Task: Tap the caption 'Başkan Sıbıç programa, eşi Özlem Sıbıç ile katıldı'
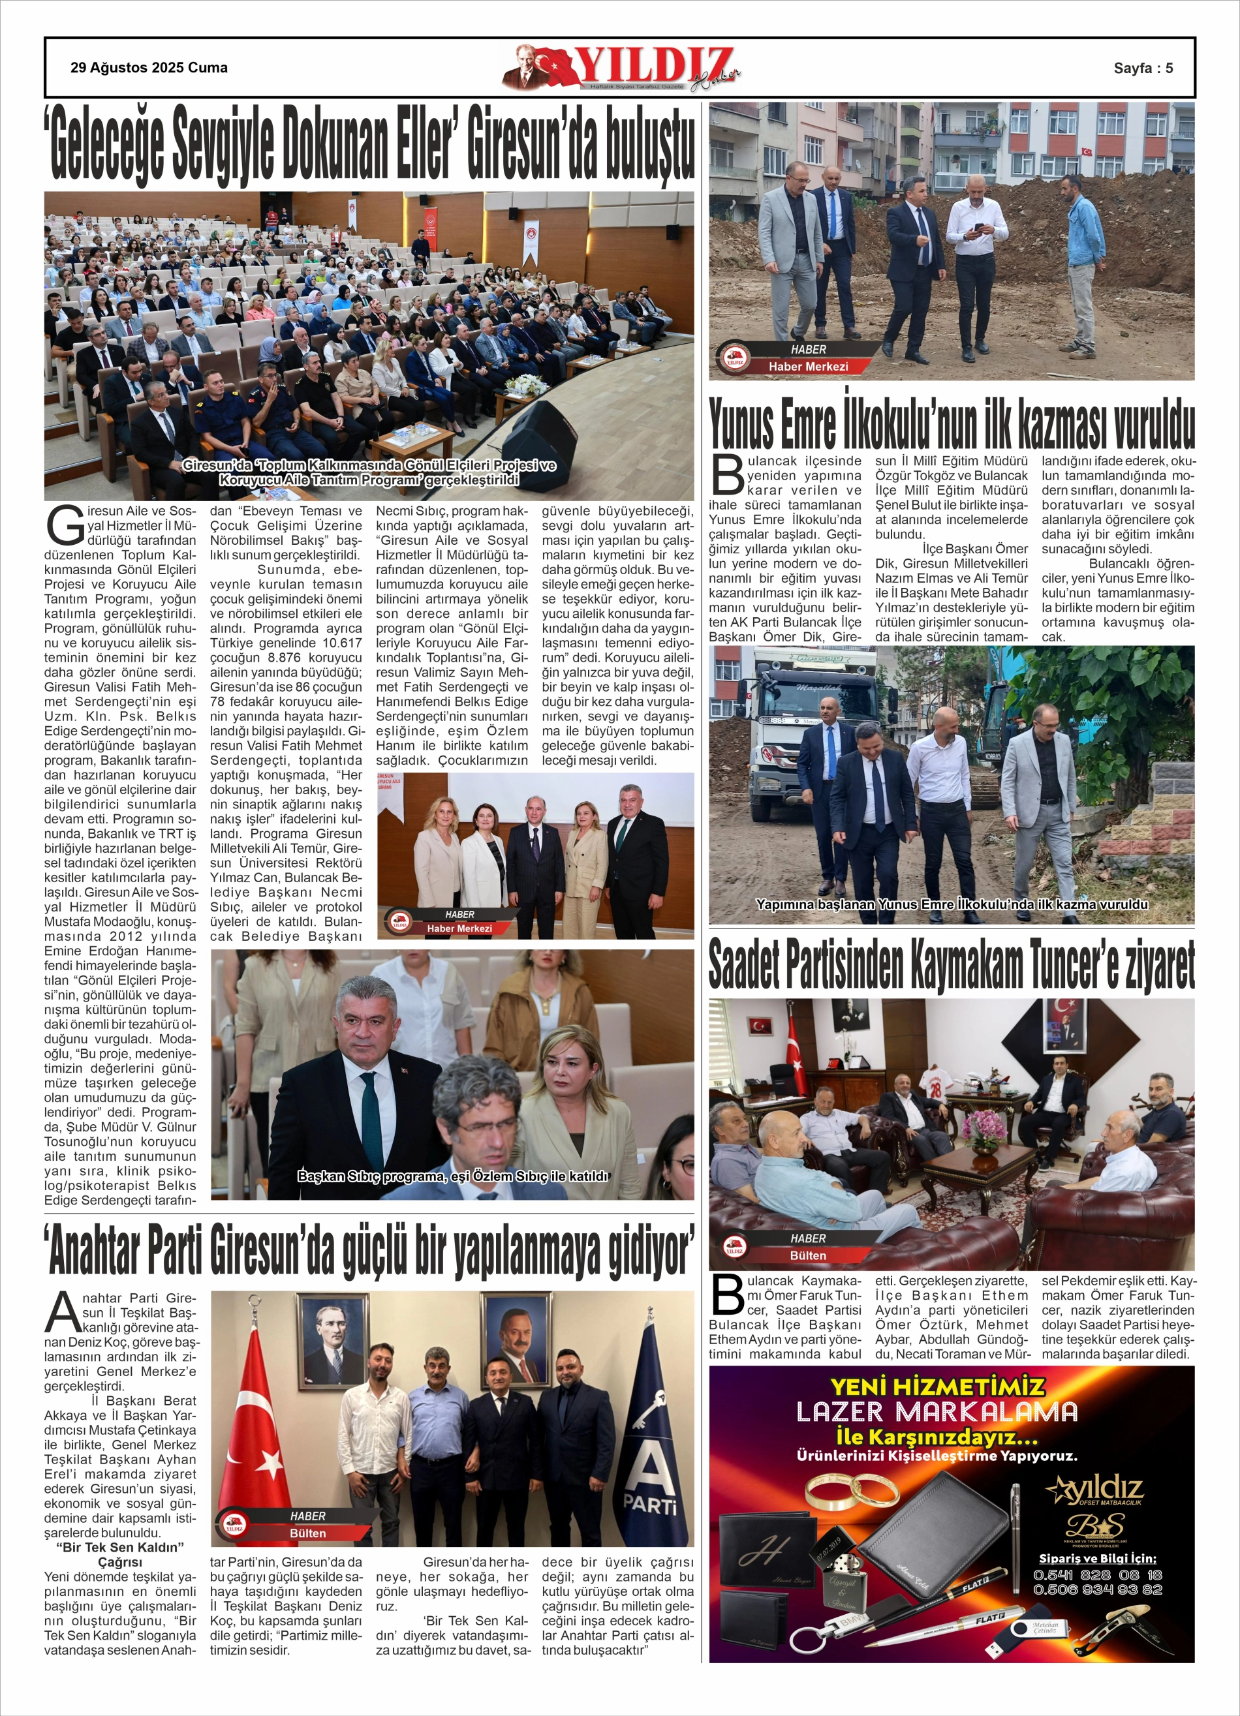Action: pos(453,1176)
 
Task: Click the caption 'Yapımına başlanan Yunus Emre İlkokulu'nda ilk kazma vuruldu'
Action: pos(952,904)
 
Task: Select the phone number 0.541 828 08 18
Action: pos(1097,1574)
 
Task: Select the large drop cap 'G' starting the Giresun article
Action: pos(63,525)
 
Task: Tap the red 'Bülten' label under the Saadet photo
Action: pos(808,1255)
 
